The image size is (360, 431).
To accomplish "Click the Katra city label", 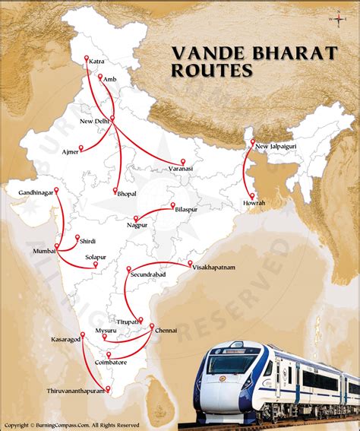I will pyautogui.click(x=96, y=60).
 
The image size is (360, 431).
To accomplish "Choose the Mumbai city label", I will pyautogui.click(x=44, y=250).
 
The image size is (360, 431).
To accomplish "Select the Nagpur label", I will pyautogui.click(x=138, y=225).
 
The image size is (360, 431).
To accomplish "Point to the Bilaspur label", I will pyautogui.click(x=188, y=208).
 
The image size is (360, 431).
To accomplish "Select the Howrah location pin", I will pyautogui.click(x=251, y=195).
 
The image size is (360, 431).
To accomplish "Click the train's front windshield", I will pyautogui.click(x=228, y=364).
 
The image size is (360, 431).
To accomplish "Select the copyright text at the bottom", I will pyautogui.click(x=72, y=425).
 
